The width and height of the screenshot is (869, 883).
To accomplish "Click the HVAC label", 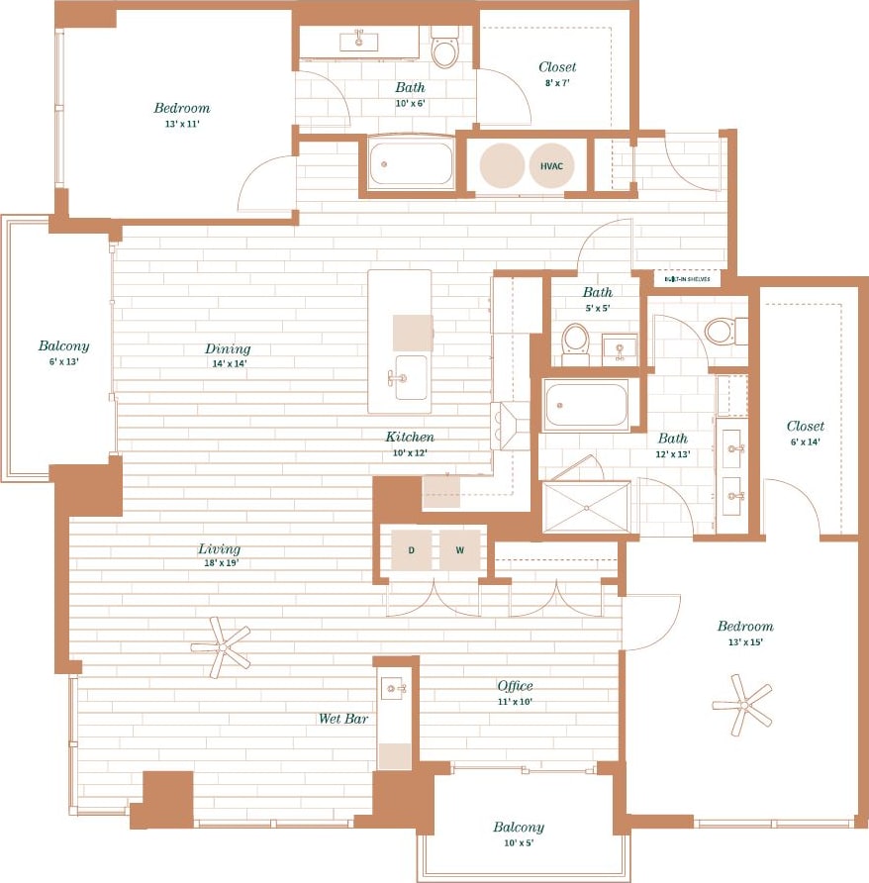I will point(550,165).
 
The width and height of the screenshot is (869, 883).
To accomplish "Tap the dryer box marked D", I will point(411,550).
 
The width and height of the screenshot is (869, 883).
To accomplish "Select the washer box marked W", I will point(460,550).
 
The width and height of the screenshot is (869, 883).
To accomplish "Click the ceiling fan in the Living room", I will point(222,648).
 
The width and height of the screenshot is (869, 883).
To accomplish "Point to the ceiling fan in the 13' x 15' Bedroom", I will point(741,705).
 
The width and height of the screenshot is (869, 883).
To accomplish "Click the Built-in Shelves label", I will point(688,279).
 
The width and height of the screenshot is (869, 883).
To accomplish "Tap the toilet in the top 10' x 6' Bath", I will point(445,50).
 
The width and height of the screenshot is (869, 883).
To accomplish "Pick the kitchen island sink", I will point(411,377).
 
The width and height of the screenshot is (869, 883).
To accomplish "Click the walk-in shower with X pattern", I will point(586,507).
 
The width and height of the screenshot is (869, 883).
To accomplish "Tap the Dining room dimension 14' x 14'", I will point(227,363).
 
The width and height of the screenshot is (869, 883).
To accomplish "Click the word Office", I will point(515,685).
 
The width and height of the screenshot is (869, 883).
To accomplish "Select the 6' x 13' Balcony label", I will point(63,346).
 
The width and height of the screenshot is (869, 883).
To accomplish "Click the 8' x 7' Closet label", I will point(557,67).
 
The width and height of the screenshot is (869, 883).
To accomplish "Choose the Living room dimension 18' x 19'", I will point(219,563).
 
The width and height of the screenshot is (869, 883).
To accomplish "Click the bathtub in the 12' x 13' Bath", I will point(586,405).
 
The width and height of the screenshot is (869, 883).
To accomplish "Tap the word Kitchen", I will point(410,437).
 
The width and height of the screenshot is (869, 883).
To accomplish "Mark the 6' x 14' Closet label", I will point(805,427).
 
